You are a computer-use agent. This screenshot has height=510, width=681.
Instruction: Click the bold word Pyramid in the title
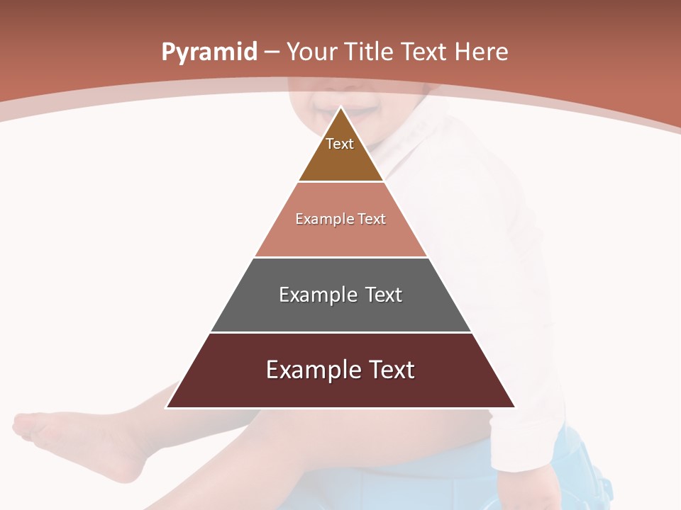(x=209, y=52)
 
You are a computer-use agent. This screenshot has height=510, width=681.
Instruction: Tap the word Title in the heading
(x=370, y=52)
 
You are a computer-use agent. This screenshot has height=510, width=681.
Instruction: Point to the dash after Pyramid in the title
(x=272, y=52)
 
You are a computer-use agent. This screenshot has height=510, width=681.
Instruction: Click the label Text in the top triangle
(x=340, y=144)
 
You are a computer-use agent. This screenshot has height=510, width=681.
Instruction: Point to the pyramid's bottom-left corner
(x=167, y=407)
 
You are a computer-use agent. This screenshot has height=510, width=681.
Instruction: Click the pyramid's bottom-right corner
(x=515, y=407)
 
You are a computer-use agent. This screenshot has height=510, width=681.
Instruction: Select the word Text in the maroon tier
(x=389, y=370)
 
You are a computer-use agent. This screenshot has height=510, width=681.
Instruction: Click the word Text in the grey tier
(x=384, y=295)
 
